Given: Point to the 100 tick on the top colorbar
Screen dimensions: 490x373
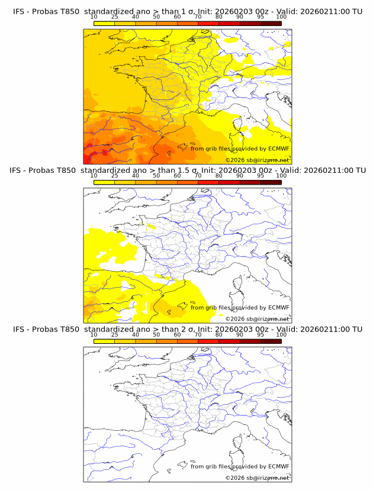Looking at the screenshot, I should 281,17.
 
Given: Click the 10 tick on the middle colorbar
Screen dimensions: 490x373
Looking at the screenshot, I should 94,176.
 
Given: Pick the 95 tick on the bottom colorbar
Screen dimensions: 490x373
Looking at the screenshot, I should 261,334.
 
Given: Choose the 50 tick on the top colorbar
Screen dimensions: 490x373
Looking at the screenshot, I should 156,17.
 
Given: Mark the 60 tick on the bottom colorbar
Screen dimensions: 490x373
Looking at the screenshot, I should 177,334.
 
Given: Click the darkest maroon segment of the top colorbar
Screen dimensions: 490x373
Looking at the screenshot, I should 271,23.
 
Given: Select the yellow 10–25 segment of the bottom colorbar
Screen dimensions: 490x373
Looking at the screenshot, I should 104,341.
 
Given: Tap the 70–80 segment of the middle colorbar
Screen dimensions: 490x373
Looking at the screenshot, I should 208,182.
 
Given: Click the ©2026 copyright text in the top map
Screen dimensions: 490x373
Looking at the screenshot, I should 257,160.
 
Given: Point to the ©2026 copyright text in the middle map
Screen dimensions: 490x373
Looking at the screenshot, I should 257,319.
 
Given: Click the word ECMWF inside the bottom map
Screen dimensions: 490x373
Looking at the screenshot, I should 278,466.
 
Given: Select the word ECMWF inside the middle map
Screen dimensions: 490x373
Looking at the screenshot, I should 278,308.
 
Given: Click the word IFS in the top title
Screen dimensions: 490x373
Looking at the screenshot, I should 19,11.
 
